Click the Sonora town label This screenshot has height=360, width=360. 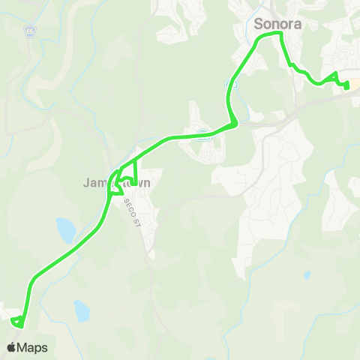[x=278, y=24]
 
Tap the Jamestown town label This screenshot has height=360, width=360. [x=116, y=182]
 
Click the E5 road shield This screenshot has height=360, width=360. [x=30, y=31]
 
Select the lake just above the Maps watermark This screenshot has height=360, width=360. [x=81, y=310]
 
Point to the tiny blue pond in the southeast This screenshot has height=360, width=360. [x=307, y=275]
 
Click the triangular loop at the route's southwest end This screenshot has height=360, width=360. [x=18, y=322]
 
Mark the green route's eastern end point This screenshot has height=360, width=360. [x=347, y=86]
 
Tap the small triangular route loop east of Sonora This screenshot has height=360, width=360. [x=334, y=79]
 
